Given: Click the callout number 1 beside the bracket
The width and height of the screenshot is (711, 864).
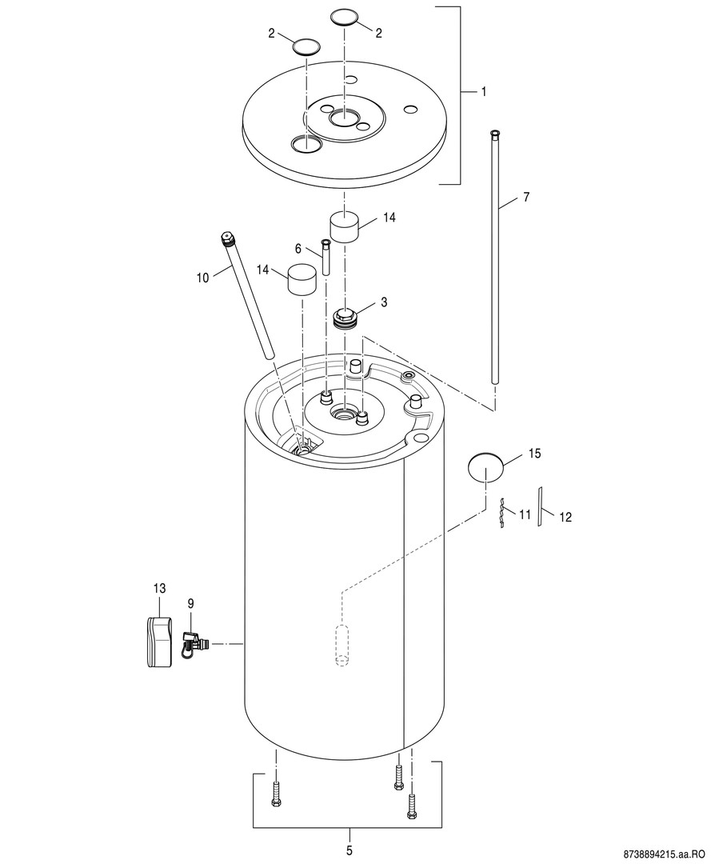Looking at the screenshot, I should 483,92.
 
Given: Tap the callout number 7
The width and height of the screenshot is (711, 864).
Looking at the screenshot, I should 525,196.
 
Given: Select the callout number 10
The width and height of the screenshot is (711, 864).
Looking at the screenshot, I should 202,278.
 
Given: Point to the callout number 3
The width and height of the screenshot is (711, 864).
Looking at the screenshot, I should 384,302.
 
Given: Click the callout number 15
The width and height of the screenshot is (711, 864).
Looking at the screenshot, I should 534,454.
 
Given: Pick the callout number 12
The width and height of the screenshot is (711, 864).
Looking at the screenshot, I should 565,517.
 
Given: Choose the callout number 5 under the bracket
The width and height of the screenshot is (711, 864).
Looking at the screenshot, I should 349,850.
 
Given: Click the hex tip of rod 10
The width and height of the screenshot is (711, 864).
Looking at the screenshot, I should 227,238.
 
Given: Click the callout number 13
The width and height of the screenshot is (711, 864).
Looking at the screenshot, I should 159,589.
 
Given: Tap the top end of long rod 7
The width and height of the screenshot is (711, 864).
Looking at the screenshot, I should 495,132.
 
